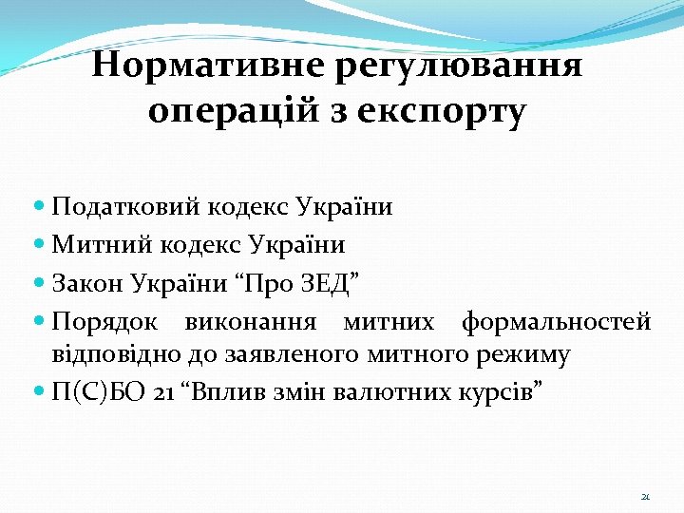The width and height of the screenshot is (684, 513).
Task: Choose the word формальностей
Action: (556, 322)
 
